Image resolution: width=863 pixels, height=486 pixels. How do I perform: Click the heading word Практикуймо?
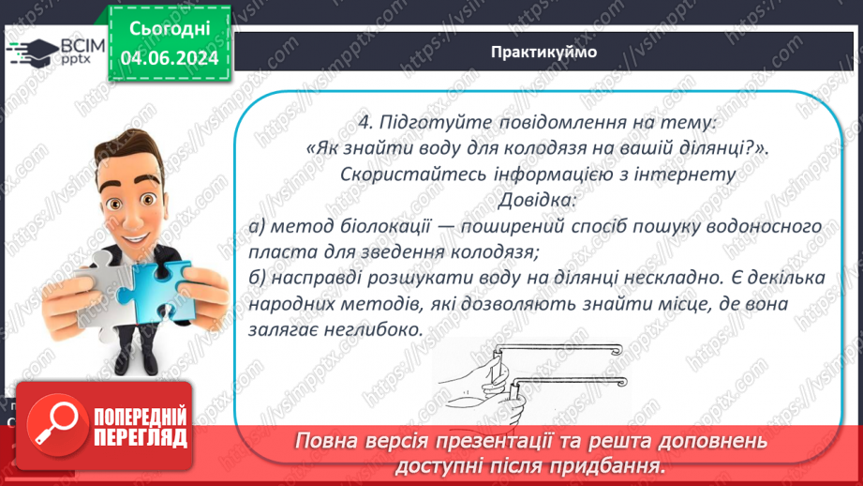(x=543, y=53)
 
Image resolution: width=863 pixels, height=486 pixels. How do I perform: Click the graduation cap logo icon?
(x=31, y=52)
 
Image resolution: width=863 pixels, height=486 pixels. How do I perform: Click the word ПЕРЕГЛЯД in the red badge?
(x=141, y=438)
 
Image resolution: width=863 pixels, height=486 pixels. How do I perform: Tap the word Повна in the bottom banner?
(x=326, y=442)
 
